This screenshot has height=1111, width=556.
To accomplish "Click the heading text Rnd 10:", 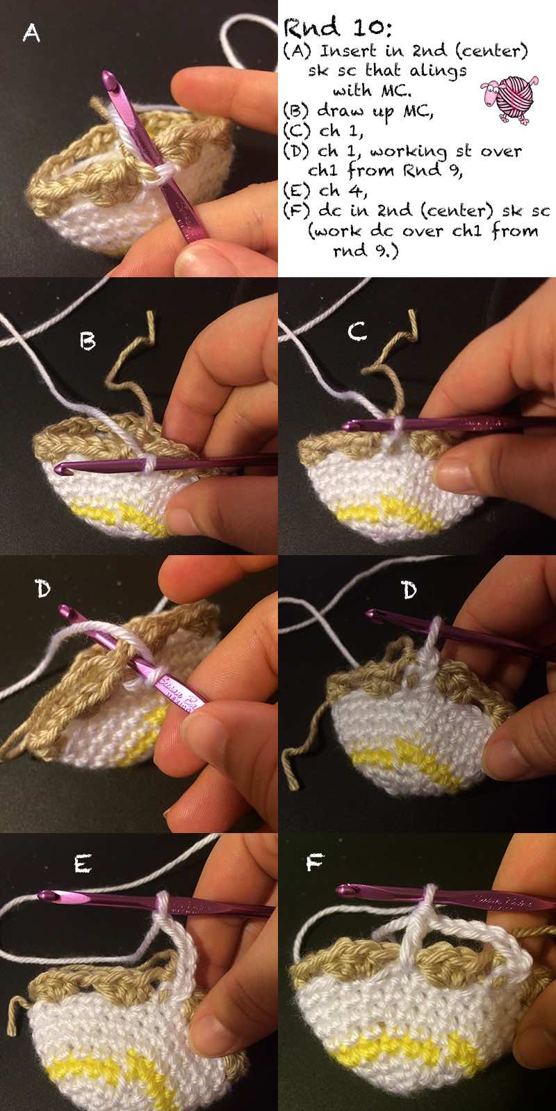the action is coord(337,27).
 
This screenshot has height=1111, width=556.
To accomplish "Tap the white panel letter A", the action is coord(31,34).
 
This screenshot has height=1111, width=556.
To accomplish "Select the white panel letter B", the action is coord(88,340).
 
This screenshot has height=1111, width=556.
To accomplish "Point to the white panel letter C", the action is coord(357,331).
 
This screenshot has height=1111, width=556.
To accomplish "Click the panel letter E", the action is coord(82,864).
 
